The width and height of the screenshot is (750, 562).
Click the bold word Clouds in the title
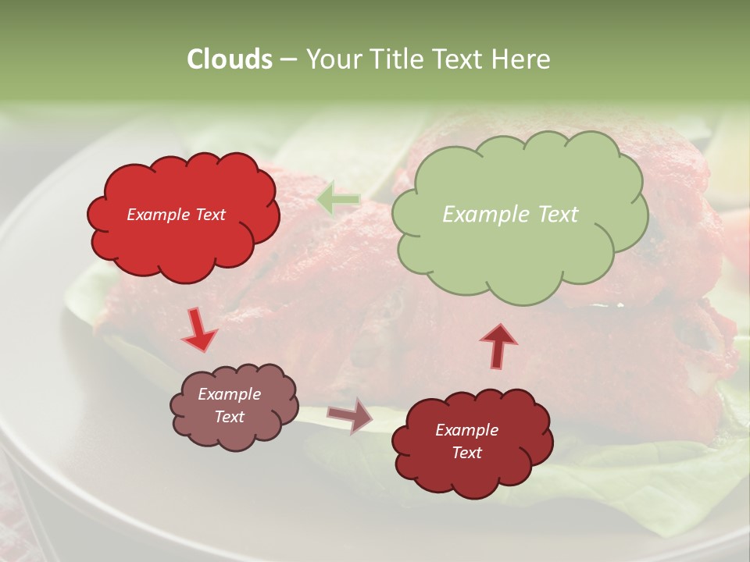tap(229, 59)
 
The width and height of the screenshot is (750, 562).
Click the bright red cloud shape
tap(183, 234)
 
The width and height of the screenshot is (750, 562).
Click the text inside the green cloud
tap(510, 215)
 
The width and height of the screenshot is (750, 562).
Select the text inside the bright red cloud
tap(176, 215)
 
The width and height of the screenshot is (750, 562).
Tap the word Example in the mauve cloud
tap(229, 394)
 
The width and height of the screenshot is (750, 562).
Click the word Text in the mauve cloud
tap(229, 417)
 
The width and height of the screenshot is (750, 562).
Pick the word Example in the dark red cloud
tap(466, 430)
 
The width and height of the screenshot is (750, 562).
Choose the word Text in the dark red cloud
tap(466, 453)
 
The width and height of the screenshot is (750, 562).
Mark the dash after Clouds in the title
tap(287, 59)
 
